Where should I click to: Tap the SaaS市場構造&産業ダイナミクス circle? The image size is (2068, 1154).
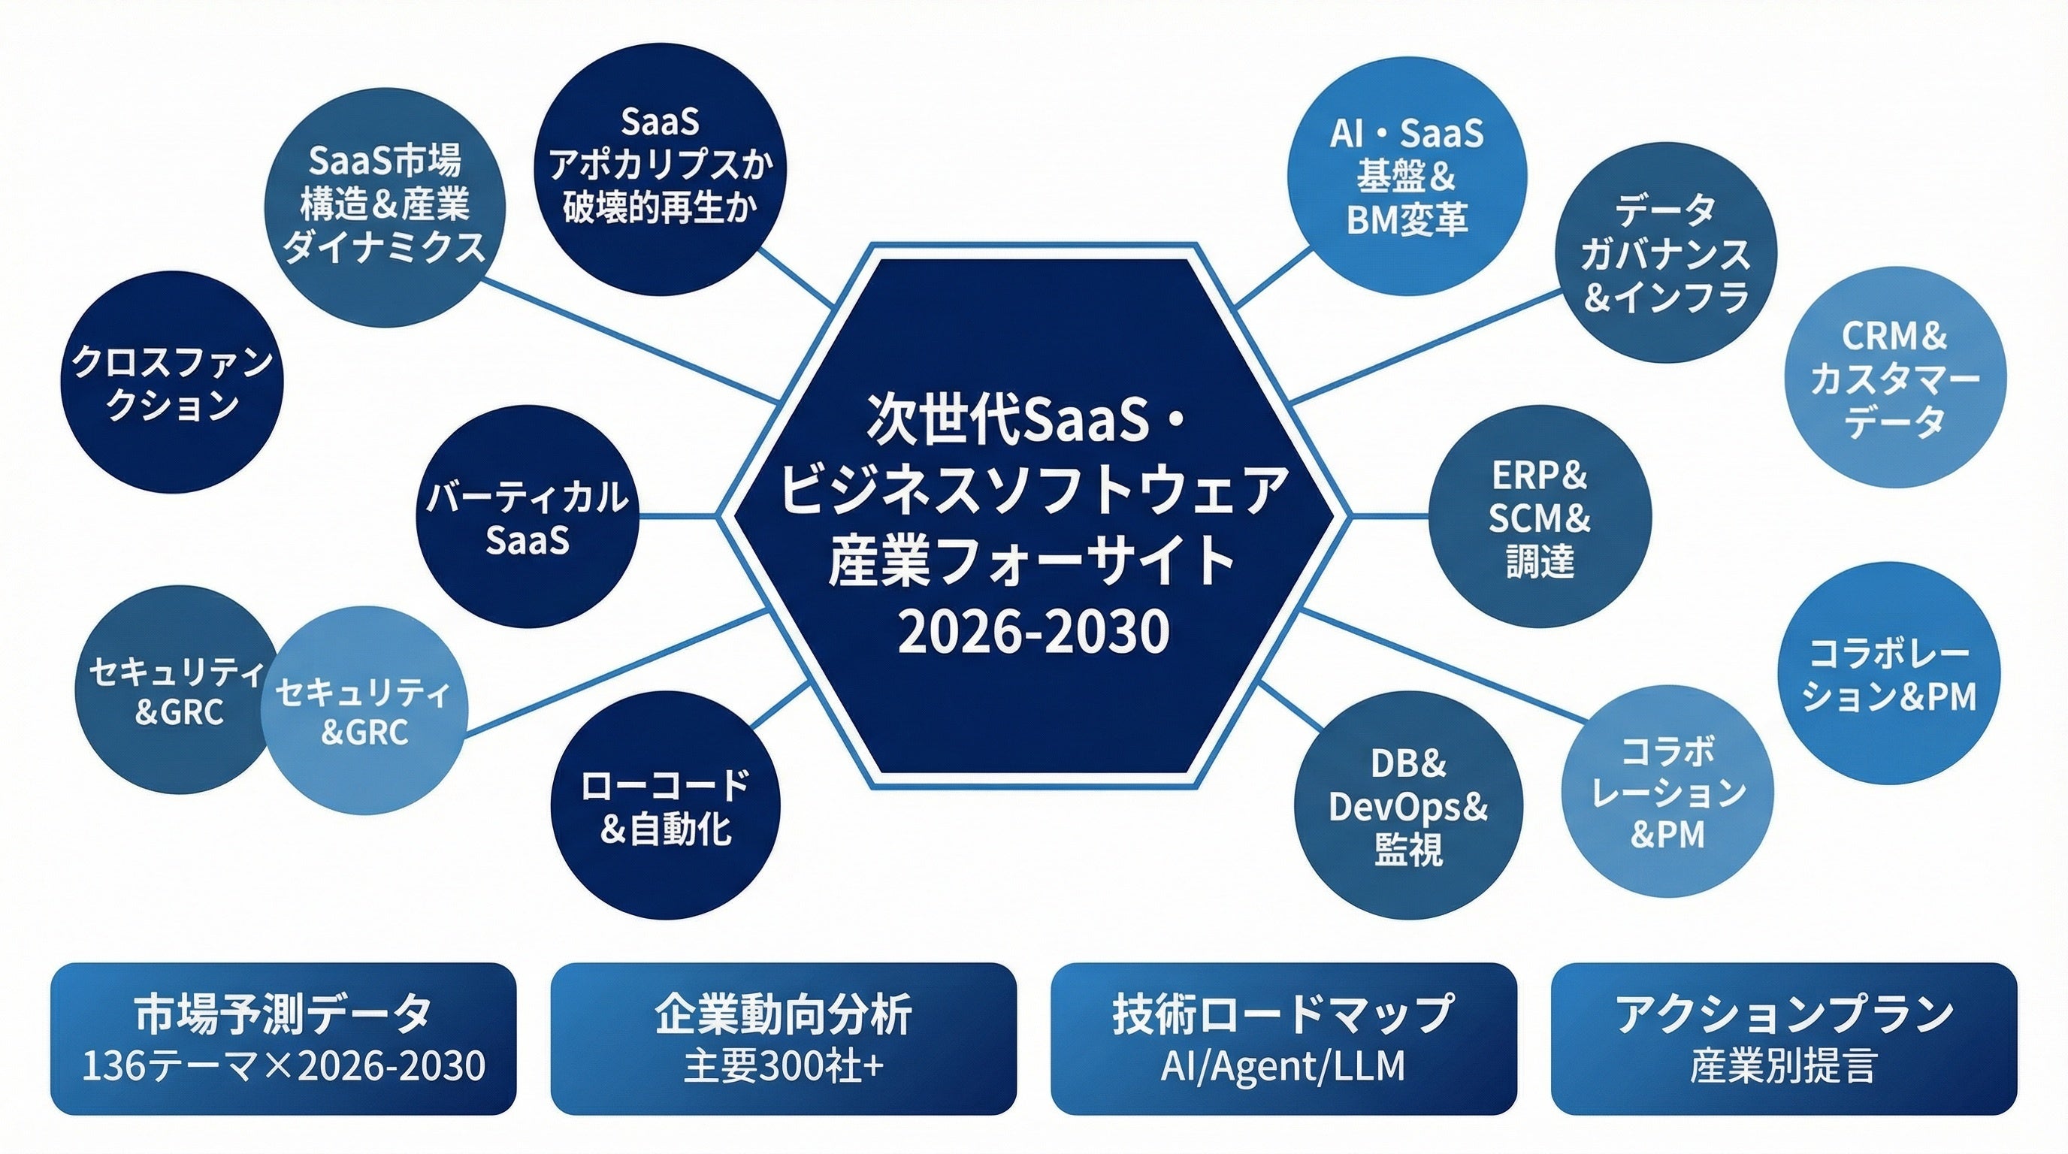point(385,205)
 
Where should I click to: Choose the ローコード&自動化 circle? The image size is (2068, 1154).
point(665,805)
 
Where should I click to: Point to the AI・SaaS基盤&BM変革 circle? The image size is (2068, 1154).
point(1407,177)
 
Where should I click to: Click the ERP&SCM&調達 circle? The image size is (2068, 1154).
point(1540,518)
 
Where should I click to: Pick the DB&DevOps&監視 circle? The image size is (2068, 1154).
point(1409,805)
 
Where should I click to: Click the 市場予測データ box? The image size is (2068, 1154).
point(283,1038)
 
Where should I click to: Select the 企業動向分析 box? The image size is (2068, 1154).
point(784,1038)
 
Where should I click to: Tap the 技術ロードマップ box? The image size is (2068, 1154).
point(1283,1038)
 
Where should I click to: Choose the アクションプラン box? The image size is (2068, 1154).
point(1784,1038)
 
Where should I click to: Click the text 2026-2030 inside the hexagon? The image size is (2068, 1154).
point(1033,632)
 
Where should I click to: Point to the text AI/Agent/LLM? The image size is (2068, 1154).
point(1283,1067)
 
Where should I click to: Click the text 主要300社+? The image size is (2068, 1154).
point(784,1067)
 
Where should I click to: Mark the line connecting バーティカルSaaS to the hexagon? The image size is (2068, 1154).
point(679,516)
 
